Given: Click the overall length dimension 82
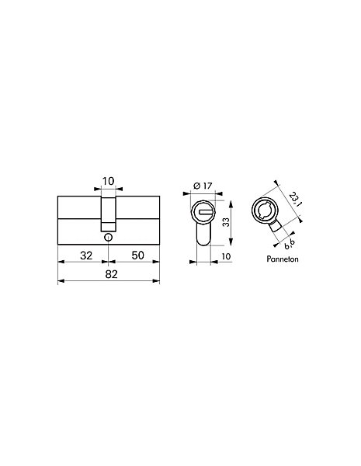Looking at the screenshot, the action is point(112,274).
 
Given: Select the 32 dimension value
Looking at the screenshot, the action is point(86,256).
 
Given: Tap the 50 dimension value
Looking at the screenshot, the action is point(138,256).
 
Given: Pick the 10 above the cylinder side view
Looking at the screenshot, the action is point(108,181).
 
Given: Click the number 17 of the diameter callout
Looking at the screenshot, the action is point(207,186).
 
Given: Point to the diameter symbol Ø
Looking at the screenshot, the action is point(196,186).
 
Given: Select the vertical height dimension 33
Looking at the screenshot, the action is point(227,222).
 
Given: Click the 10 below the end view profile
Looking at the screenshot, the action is point(226,256).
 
